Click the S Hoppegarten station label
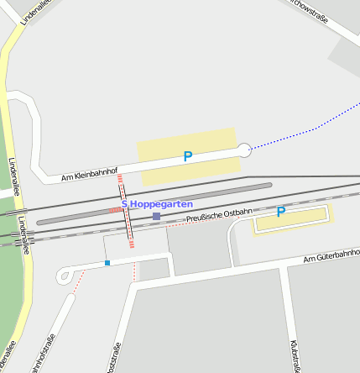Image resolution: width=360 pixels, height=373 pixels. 157,204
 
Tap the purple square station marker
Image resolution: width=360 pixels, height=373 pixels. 156,217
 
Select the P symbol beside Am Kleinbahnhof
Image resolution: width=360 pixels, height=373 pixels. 188,156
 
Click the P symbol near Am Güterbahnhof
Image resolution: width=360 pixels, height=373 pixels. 281,212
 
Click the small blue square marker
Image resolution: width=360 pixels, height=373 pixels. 107,263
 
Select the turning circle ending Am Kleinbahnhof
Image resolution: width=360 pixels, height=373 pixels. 243,150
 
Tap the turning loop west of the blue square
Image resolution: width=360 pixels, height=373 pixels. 64,276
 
